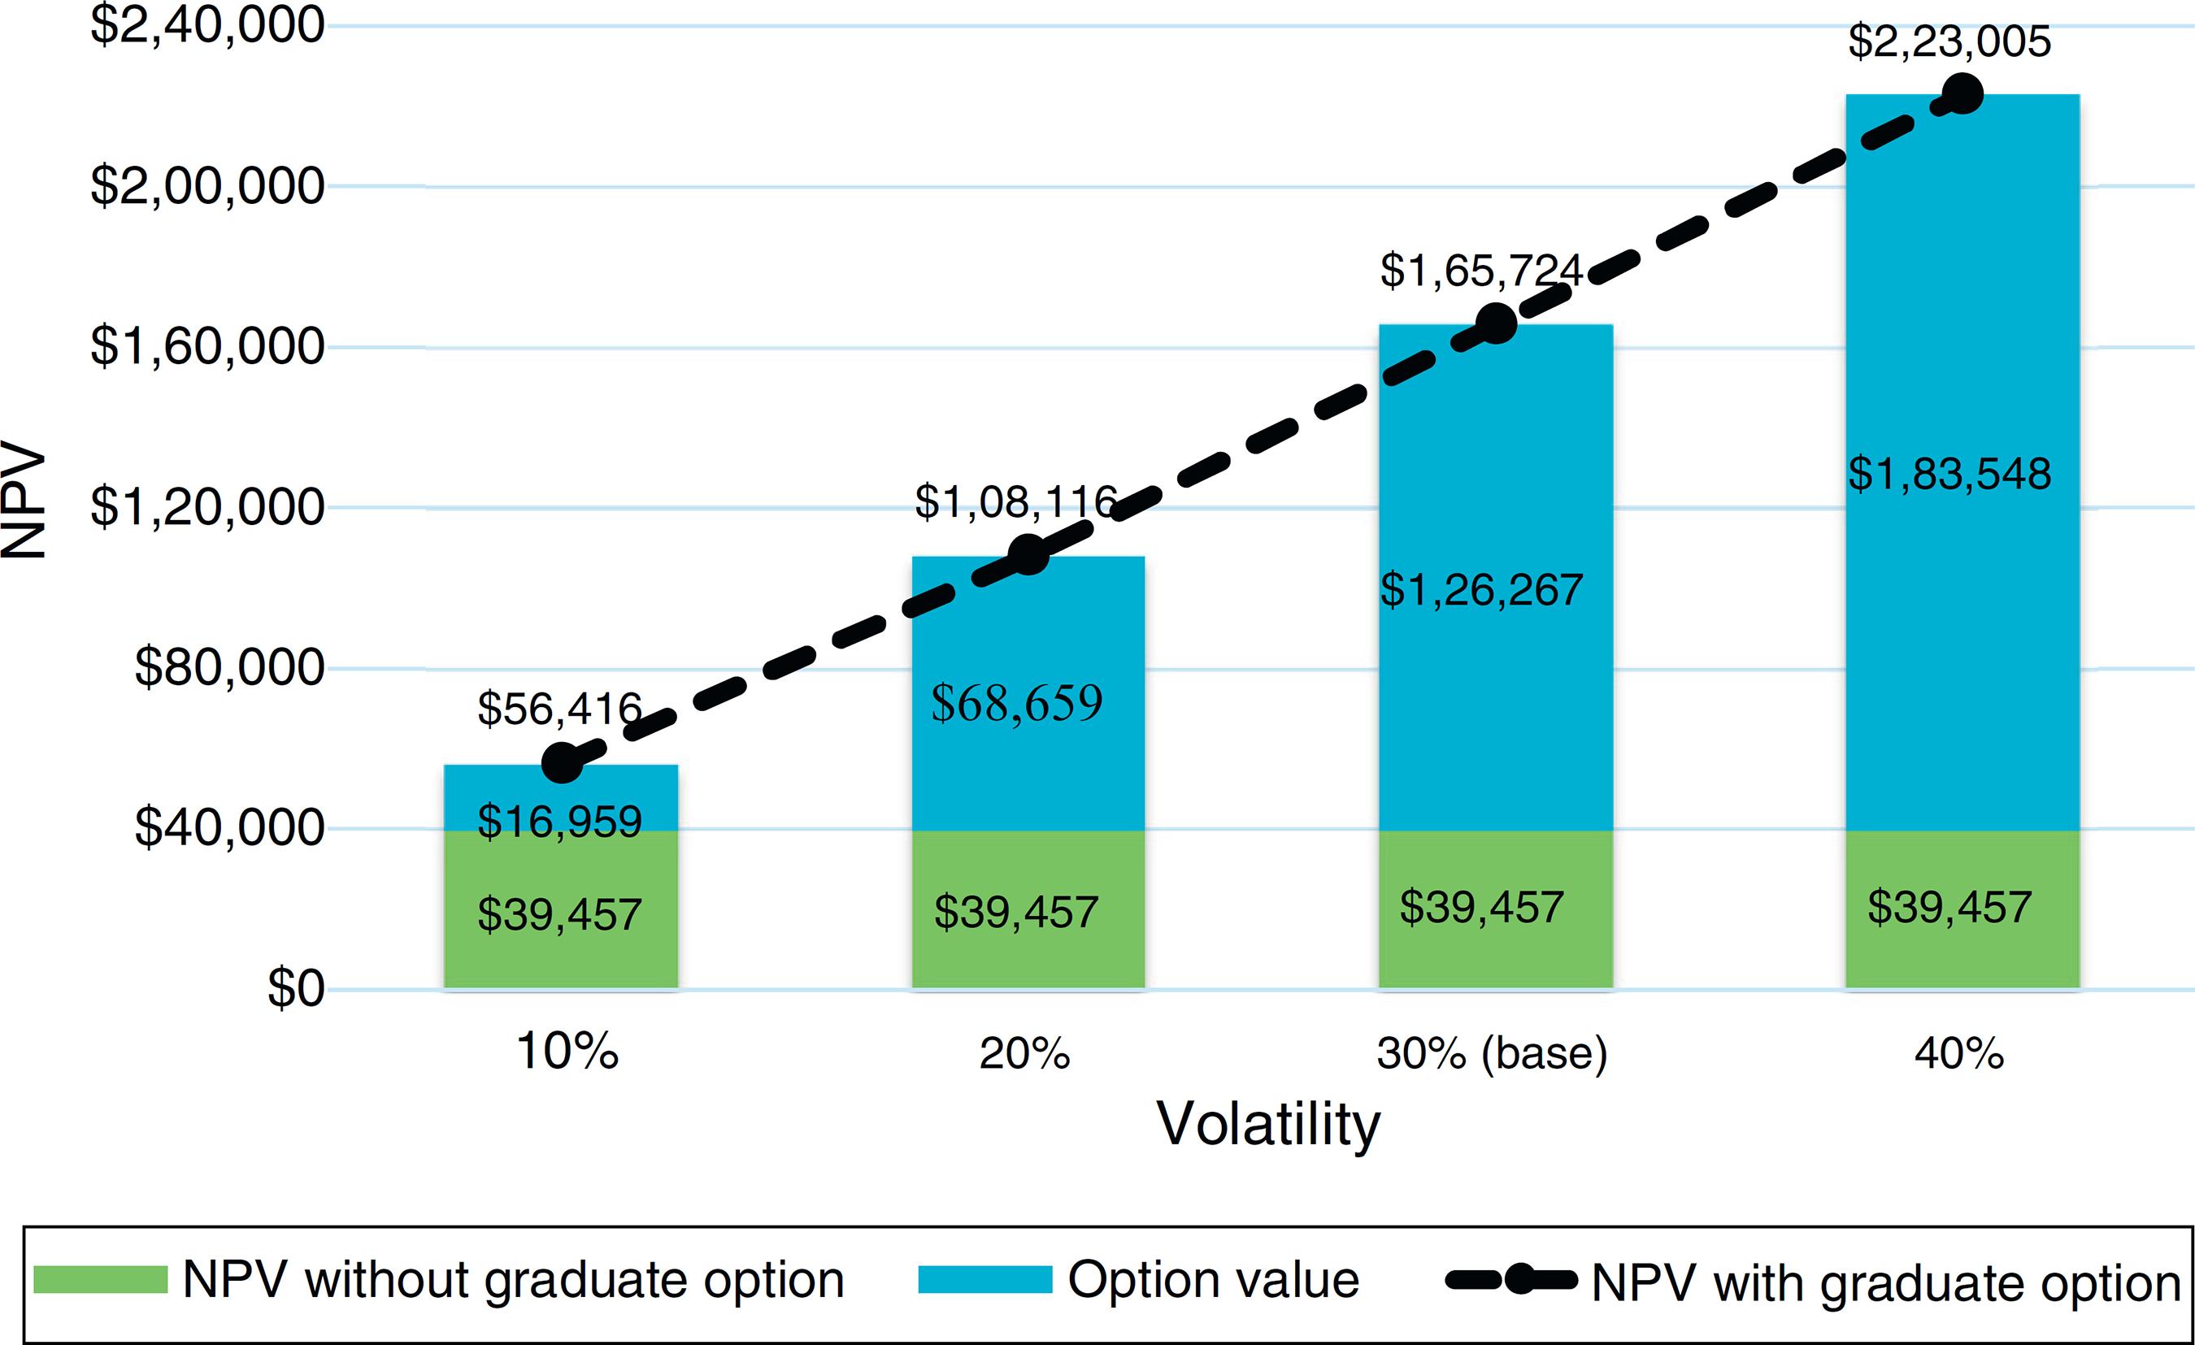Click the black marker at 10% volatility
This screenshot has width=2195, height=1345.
click(562, 763)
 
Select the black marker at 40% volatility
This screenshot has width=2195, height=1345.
click(1962, 94)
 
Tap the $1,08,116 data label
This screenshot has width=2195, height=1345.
click(1015, 501)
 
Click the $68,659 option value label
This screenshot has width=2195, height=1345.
click(1016, 703)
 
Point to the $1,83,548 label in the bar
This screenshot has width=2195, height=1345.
click(1949, 473)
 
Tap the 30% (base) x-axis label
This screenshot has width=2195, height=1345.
click(1492, 1054)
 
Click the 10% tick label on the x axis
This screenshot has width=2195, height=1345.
click(567, 1052)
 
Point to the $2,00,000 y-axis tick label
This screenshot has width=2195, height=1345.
click(206, 186)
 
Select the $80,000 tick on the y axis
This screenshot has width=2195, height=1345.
click(229, 667)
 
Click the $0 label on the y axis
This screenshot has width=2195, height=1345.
click(296, 989)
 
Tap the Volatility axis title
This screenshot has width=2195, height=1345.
click(1268, 1124)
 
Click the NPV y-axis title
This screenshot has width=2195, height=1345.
click(24, 501)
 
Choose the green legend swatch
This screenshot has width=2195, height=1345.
click(101, 1280)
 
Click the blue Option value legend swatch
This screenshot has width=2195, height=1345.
click(985, 1280)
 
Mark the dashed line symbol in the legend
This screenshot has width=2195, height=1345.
click(1510, 1280)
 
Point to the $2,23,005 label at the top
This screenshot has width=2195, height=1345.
click(1949, 41)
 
